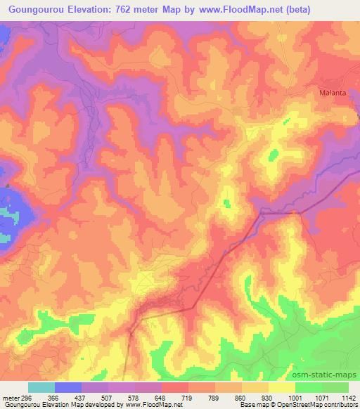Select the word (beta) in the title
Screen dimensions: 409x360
[x=298, y=10]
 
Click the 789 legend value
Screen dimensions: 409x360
[x=214, y=397]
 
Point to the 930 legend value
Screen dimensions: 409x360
[x=267, y=397]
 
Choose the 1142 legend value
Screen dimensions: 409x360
[x=347, y=397]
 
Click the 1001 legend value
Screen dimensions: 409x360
[x=294, y=397]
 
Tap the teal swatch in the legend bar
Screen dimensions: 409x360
[x=41, y=387]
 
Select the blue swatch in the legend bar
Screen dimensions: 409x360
[x=68, y=387]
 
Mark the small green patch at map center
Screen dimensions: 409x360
[x=226, y=203]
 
